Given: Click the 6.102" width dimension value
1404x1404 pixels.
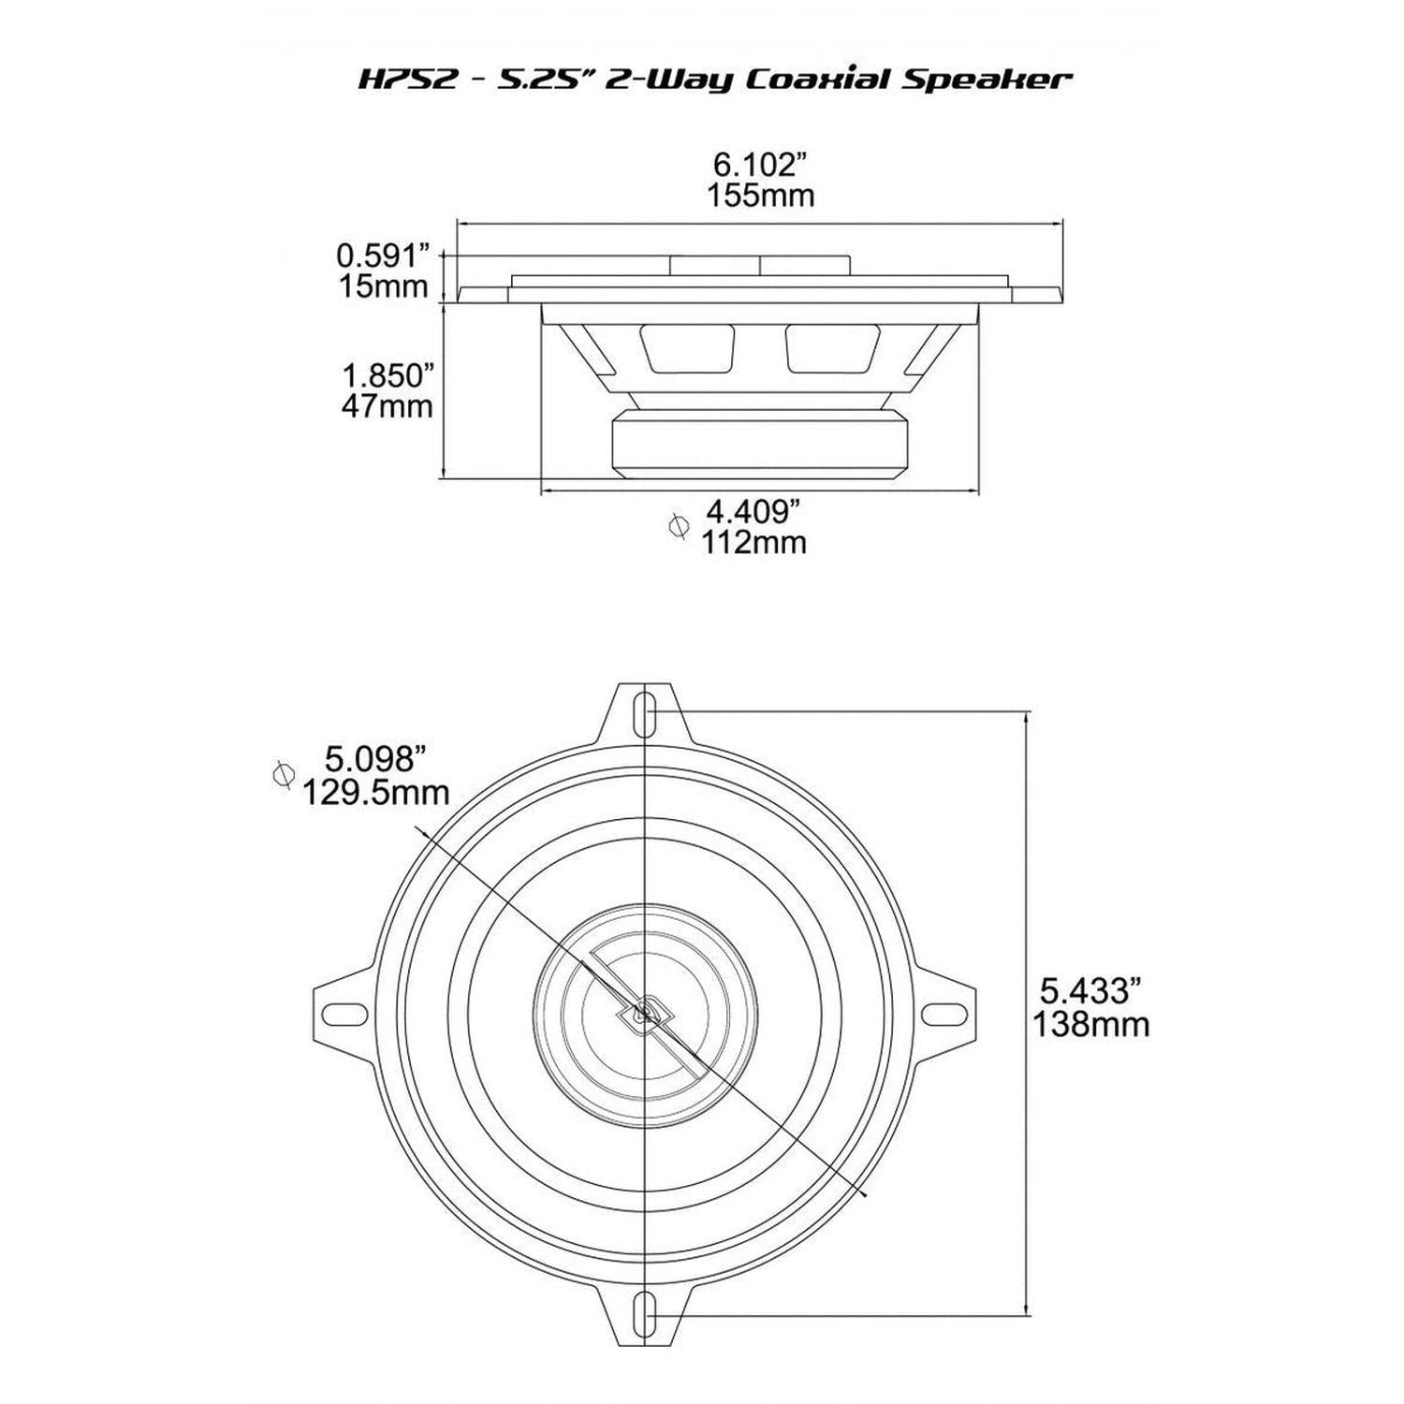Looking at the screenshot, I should click(x=759, y=166).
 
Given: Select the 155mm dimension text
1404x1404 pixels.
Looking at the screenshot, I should click(x=759, y=197).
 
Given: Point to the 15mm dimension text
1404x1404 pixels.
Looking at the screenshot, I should click(x=384, y=286).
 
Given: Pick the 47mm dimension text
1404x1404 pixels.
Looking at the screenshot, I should click(x=388, y=407).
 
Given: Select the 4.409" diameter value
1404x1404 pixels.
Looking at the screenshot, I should click(x=753, y=511).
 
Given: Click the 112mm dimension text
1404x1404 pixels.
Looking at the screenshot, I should click(x=753, y=542).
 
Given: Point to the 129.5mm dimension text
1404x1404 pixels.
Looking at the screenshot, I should click(x=375, y=792).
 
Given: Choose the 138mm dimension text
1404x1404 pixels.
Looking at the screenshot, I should click(x=1090, y=1024).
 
